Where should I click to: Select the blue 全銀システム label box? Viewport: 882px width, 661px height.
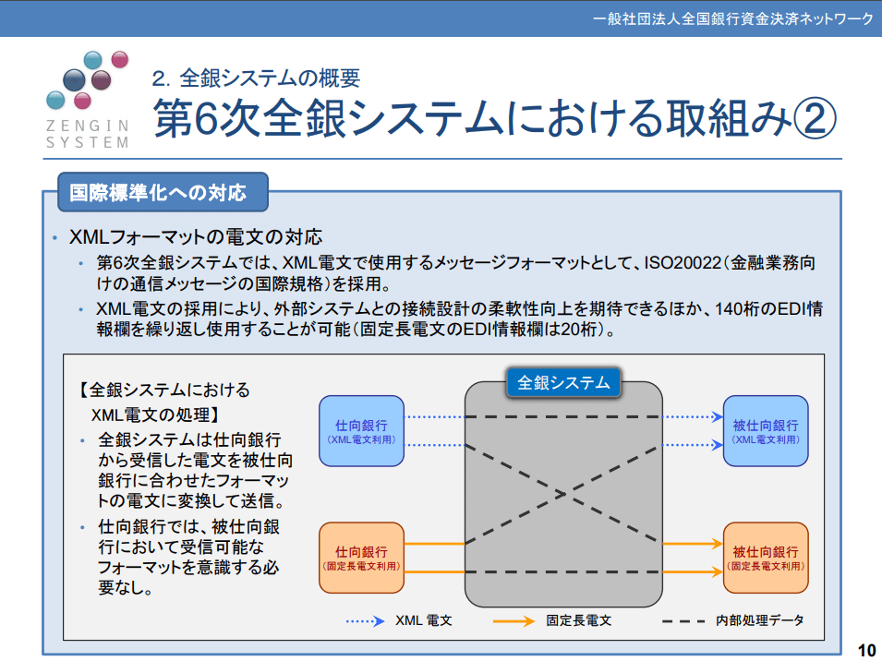pyautogui.click(x=563, y=382)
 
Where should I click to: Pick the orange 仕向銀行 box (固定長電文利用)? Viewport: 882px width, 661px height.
pyautogui.click(x=361, y=557)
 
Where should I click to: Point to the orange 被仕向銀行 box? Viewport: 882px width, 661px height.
pyautogui.click(x=765, y=557)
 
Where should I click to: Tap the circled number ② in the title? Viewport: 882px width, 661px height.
pyautogui.click(x=814, y=117)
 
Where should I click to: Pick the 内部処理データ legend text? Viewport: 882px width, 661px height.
pyautogui.click(x=759, y=620)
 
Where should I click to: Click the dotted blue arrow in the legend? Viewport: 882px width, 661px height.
pyautogui.click(x=366, y=621)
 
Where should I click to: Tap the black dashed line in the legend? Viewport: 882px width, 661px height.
pyautogui.click(x=684, y=621)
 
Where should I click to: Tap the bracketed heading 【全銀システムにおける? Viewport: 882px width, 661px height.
pyautogui.click(x=164, y=390)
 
